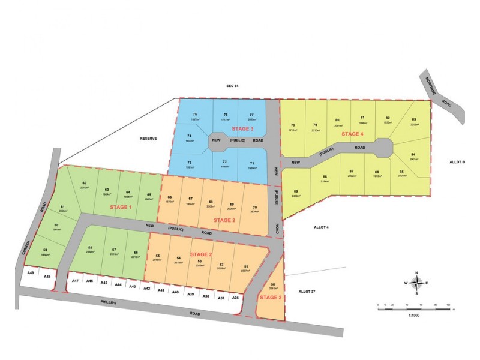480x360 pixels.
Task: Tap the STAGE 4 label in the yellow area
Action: [352, 134]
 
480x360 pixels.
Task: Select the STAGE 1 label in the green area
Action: [121, 207]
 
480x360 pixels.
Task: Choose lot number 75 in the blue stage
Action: [195, 114]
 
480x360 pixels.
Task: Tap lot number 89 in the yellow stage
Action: [296, 191]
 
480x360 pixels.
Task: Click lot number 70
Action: [254, 206]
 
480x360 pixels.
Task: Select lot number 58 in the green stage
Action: [89, 248]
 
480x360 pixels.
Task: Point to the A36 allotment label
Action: [235, 298]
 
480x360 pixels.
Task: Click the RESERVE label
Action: [148, 139]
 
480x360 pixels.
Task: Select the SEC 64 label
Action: [233, 86]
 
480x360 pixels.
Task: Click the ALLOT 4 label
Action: [322, 227]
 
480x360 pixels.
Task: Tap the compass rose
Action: [416, 283]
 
